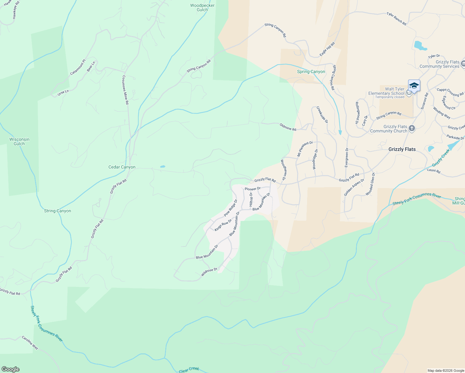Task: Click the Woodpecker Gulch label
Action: pos(202,7)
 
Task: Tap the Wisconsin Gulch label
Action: pos(19,141)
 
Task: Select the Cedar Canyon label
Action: pos(122,167)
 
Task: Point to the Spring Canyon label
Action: pos(311,71)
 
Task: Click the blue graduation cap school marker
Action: pos(414,85)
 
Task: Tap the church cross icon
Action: pos(412,128)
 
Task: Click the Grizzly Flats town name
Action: pos(402,149)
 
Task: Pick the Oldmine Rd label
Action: pos(288,127)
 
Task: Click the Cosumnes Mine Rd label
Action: pos(125,90)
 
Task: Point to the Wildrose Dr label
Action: pos(209,272)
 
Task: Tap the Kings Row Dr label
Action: pos(223,225)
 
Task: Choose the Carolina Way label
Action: pos(30,343)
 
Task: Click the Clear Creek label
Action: pos(189,369)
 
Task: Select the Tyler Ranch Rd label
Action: pos(396,19)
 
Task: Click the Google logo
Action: pos(10,369)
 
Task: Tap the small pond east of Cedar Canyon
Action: pos(163,167)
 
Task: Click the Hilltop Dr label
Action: pos(251,200)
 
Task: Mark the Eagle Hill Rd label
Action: pos(327,49)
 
